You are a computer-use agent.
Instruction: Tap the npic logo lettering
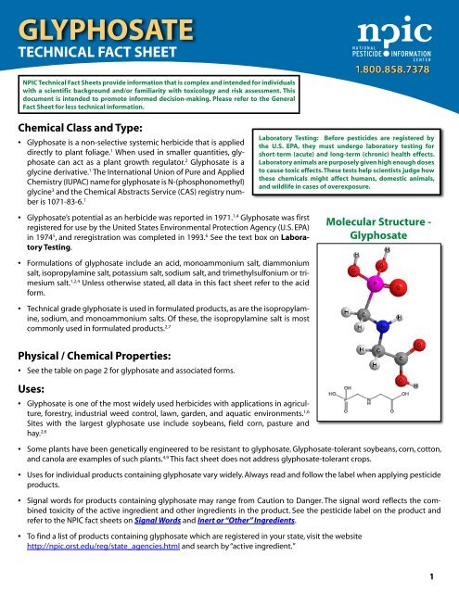tap(389, 27)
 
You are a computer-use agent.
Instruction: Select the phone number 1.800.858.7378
tap(392, 69)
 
